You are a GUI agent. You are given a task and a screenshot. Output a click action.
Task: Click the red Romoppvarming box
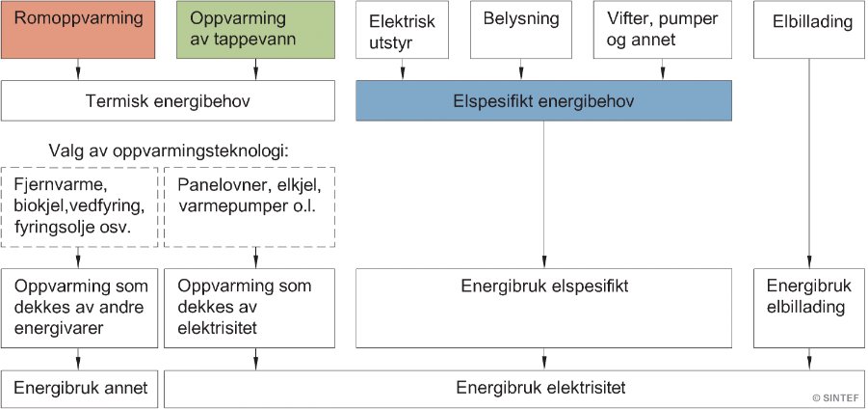point(78,29)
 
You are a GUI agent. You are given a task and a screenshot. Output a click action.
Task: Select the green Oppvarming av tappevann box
point(255,29)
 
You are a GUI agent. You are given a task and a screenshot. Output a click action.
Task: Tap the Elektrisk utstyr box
point(403,29)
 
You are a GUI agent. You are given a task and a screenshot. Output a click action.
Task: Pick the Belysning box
point(521,29)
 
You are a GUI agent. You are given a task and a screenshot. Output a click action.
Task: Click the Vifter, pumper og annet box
point(663,29)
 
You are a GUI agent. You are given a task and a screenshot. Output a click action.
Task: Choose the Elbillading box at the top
point(810,29)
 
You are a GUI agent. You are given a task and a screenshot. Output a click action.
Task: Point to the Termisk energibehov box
point(168,100)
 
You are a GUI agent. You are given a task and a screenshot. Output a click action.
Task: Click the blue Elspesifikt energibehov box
point(544,100)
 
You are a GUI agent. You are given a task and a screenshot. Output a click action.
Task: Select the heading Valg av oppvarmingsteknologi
point(169,150)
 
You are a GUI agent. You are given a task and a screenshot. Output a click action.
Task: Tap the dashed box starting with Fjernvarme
point(79,206)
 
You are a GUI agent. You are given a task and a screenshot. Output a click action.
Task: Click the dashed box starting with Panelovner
point(250,206)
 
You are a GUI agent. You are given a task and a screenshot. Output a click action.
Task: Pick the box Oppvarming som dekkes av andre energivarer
point(79,308)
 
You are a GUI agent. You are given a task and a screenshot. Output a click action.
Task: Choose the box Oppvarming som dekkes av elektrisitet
point(250,308)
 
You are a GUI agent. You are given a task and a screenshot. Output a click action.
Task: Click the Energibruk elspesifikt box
point(544,308)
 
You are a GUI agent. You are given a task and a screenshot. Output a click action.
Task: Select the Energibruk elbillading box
point(810,308)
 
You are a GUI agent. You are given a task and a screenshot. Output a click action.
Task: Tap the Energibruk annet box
point(79,389)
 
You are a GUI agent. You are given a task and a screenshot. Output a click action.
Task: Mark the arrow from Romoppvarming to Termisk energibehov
point(78,69)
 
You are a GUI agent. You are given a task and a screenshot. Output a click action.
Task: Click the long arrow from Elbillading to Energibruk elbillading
point(810,163)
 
